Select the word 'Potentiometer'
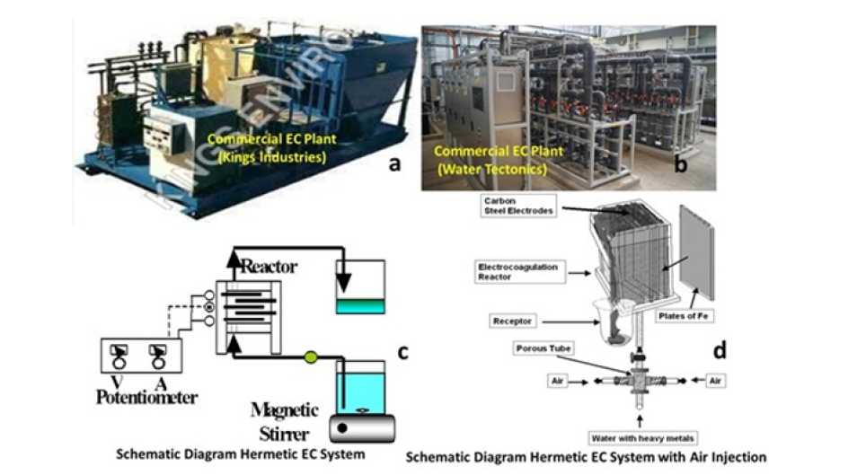coord(148,395)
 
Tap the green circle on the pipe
coord(311,356)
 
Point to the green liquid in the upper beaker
coord(359,306)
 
